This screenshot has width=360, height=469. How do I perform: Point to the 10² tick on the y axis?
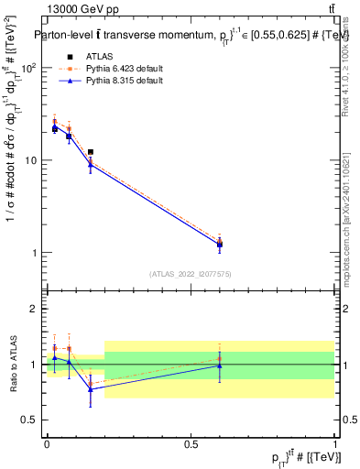[30, 69]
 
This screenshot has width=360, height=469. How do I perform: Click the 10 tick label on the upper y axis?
[33, 160]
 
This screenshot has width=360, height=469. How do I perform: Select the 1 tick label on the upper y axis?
[36, 253]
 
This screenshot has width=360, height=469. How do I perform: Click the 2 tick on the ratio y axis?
[36, 309]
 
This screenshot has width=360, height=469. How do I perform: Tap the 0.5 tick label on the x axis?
[191, 443]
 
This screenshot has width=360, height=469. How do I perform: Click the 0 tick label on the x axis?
[47, 443]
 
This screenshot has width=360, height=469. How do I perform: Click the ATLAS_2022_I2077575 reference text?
[191, 274]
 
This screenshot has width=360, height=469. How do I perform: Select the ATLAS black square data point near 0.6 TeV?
[220, 245]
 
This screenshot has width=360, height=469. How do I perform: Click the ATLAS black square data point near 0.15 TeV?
[90, 152]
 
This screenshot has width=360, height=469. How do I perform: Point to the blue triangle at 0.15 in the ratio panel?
[90, 389]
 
